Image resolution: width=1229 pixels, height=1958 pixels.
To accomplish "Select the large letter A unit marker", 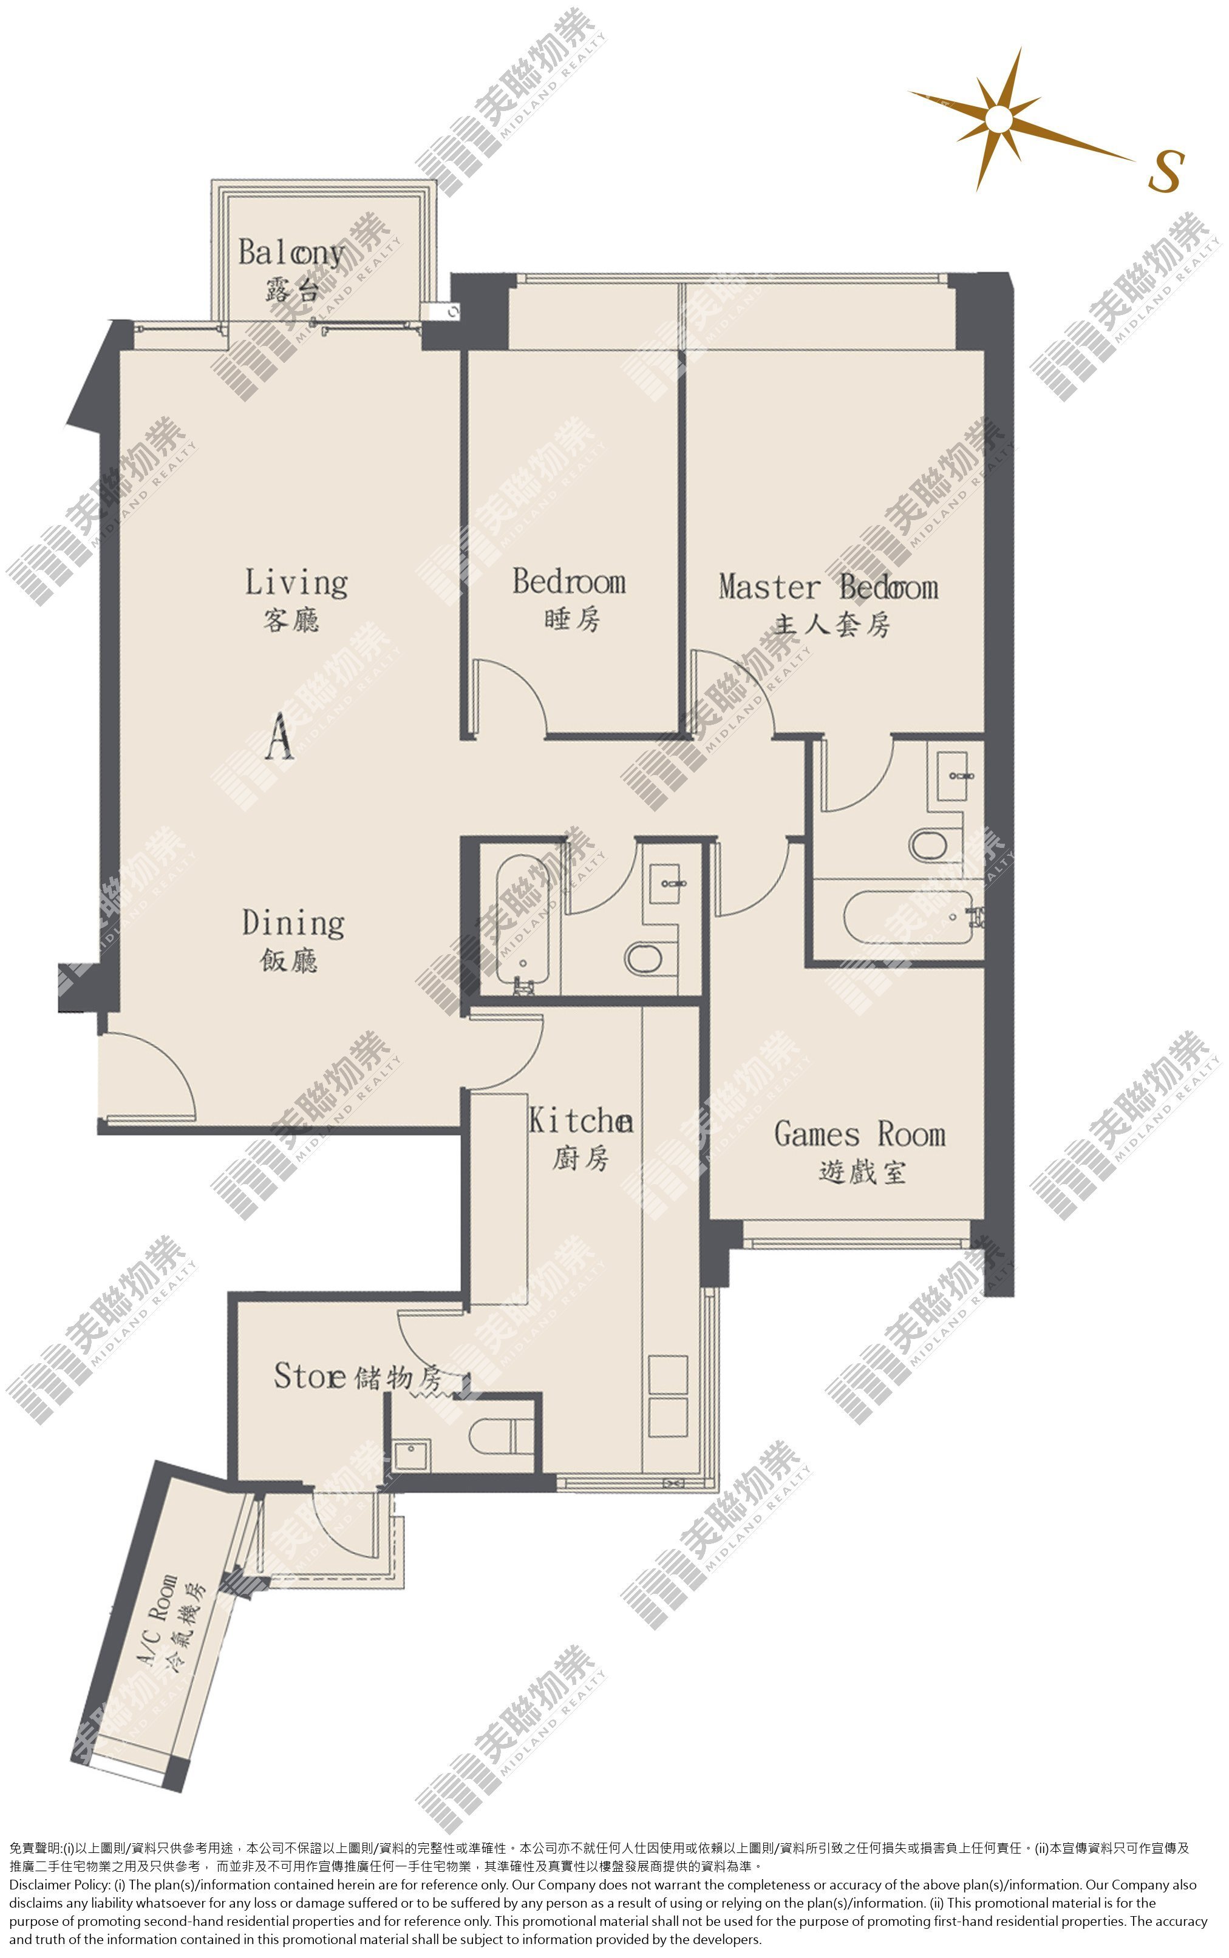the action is (279, 736).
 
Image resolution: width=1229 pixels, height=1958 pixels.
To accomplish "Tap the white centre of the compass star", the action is (998, 120).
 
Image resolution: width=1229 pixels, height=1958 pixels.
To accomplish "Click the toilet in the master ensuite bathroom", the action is (928, 845).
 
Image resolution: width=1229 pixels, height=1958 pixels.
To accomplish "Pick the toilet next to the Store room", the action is (499, 1437).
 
